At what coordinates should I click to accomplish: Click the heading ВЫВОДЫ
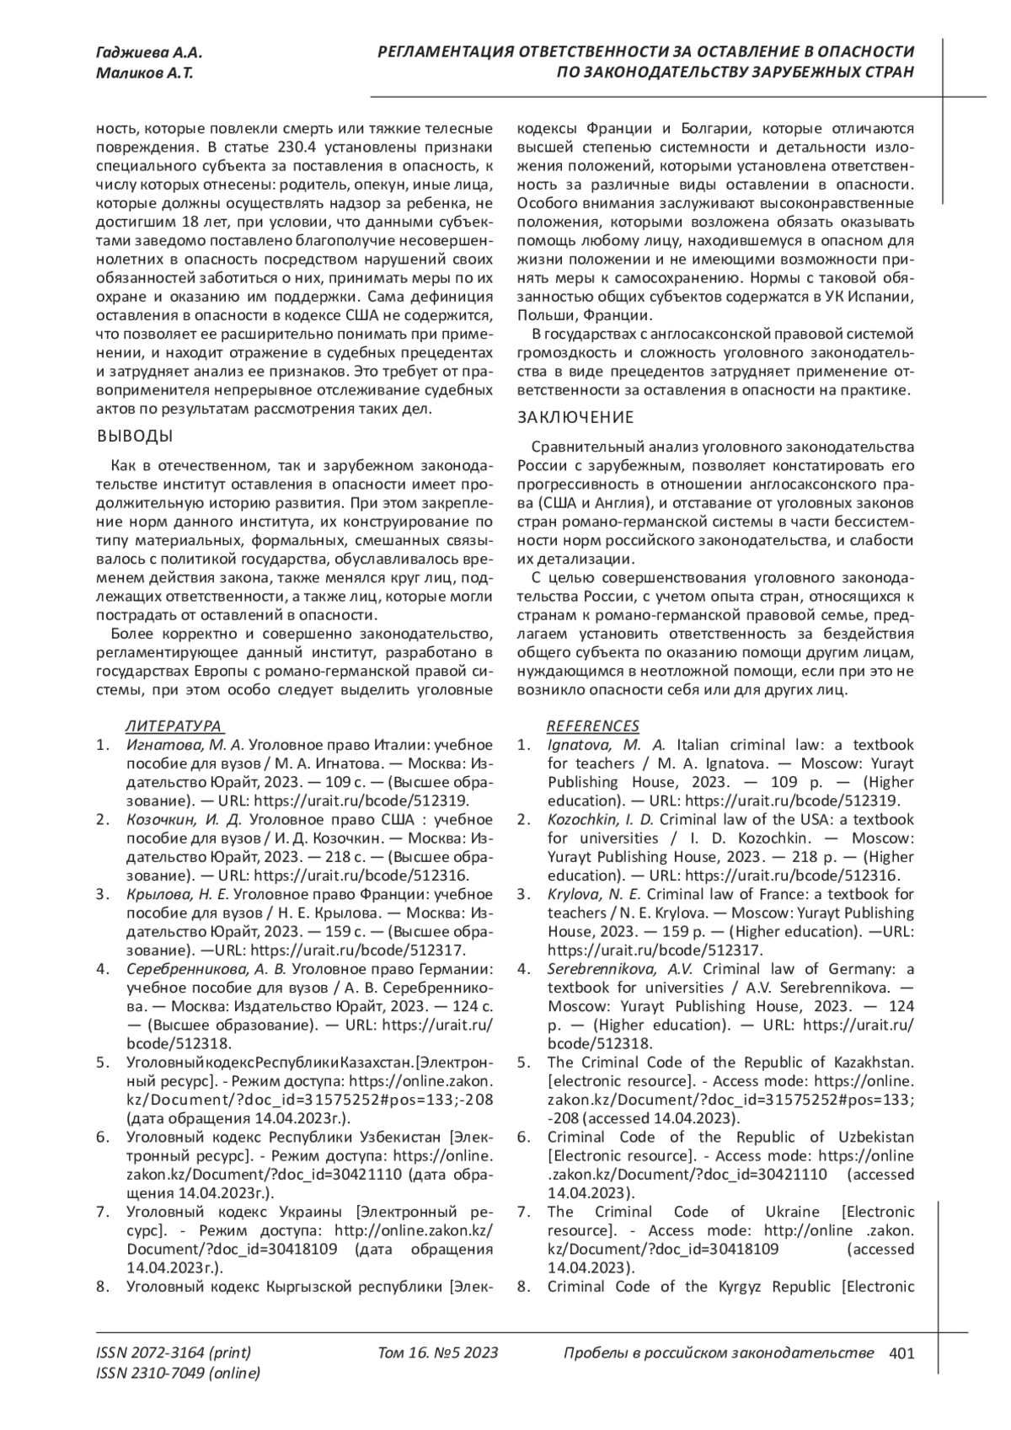pos(136,436)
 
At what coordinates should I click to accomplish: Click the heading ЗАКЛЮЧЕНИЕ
pos(575,418)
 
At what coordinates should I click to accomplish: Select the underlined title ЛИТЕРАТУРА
pos(174,726)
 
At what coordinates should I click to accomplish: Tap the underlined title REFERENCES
pos(593,726)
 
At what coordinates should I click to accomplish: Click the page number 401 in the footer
pos(901,1353)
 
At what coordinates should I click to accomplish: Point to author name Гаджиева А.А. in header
pos(148,53)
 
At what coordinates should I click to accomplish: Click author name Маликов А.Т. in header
pos(145,73)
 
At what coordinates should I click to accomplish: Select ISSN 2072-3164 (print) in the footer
pos(174,1353)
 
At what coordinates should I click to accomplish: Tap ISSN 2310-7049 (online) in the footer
pos(179,1374)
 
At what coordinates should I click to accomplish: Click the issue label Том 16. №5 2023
pos(438,1353)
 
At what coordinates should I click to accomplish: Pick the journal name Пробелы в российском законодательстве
pos(718,1353)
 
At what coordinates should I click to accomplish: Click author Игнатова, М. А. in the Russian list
pos(185,745)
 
